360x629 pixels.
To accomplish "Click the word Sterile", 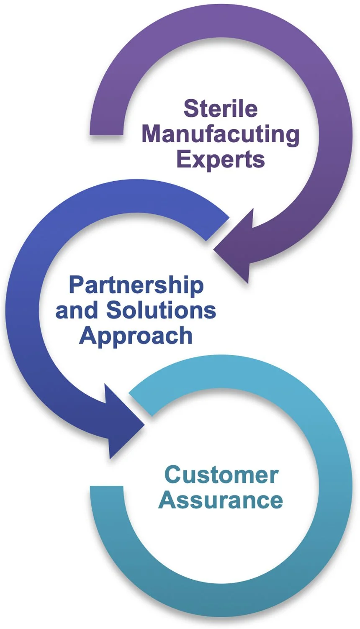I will [x=220, y=108].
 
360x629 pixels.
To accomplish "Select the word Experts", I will [x=220, y=160].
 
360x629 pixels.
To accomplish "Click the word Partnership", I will [x=136, y=286].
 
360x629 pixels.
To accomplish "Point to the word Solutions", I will [x=161, y=310].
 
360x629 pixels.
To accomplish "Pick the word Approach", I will [x=136, y=336].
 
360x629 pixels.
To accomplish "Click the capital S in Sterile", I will [x=190, y=108].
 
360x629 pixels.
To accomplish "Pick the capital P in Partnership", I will [x=76, y=285].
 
